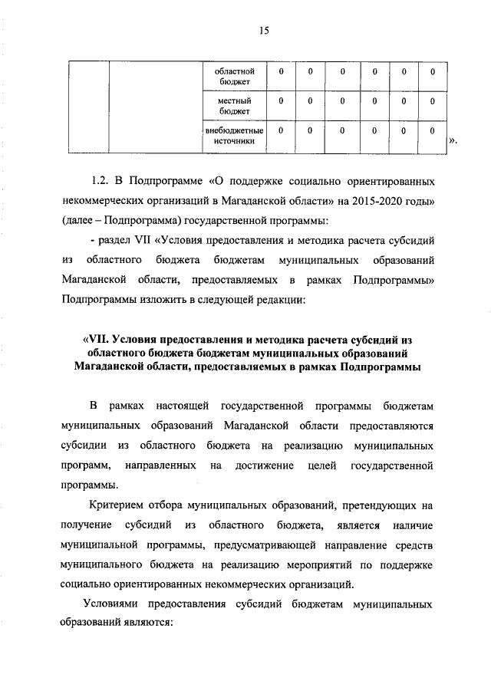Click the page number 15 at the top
coord(265,31)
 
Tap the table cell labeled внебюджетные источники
coord(236,136)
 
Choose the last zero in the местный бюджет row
coord(433,100)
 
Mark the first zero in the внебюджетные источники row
coord(281,130)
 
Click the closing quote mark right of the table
coord(453,140)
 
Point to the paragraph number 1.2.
coord(102,183)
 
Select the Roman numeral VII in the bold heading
coord(94,340)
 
